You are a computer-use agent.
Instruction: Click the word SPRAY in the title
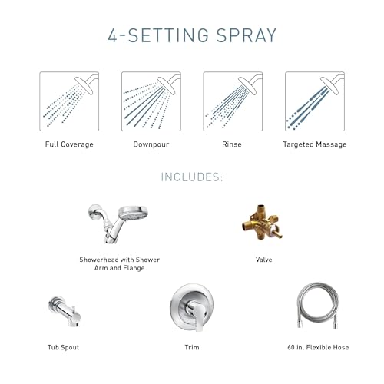[247, 35]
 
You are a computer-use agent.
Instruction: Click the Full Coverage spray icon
[69, 101]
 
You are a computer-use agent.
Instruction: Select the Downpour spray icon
[151, 101]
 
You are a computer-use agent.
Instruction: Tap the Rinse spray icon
[233, 101]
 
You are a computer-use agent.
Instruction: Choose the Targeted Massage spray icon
[315, 101]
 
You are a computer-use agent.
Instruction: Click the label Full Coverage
[69, 144]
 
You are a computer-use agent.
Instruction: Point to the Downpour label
[151, 144]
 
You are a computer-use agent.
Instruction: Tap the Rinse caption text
[232, 144]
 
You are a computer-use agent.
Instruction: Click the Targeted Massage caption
[315, 144]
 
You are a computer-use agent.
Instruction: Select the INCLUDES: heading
[192, 177]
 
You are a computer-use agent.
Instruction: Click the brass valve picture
[263, 222]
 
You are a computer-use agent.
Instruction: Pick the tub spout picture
[65, 311]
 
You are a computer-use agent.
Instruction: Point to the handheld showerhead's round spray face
[134, 212]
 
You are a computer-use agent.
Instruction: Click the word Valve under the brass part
[264, 260]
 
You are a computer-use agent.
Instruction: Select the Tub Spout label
[63, 347]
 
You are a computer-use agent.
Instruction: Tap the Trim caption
[192, 347]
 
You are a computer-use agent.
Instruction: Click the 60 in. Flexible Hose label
[318, 347]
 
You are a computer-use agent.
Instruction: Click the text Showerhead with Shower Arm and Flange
[119, 263]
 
